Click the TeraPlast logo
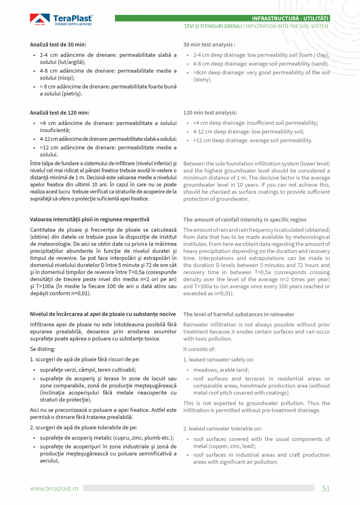pos(61,20)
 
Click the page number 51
pos(326,488)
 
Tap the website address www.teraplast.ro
pos(54,488)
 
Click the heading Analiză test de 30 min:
pos(58,45)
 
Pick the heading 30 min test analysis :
pos(209,45)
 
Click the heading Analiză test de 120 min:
pos(59,113)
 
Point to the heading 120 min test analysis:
pos(210,113)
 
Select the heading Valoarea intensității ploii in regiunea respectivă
pos(90,219)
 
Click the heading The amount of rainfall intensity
pos(245,220)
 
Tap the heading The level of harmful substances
pos(239,314)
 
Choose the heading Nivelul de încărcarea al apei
pos(103,314)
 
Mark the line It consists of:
pos(199,349)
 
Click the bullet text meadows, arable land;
pos(221,370)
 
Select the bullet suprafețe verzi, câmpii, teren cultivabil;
pos(88,370)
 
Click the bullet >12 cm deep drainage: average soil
pos(252,141)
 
